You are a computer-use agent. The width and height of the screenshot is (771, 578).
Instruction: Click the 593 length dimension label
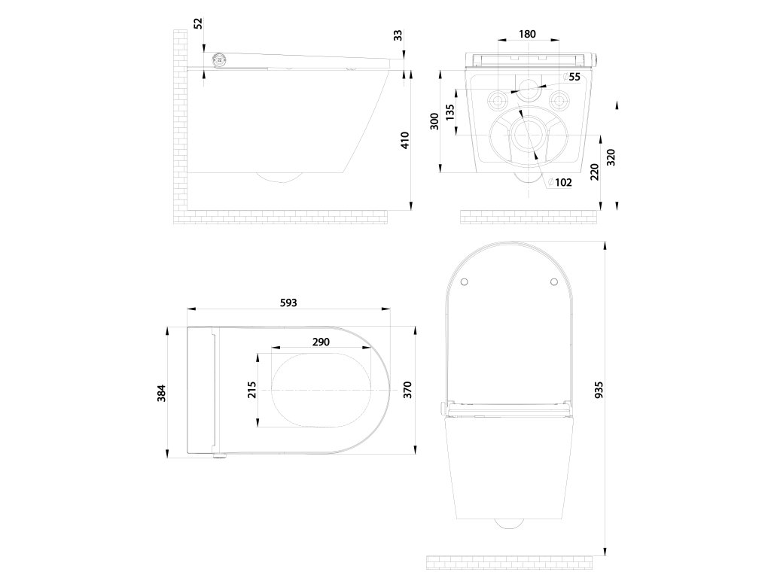tap(288, 303)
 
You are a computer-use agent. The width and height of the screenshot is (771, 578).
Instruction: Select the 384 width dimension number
tap(161, 392)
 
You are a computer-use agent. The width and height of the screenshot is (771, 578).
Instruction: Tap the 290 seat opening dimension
tap(321, 342)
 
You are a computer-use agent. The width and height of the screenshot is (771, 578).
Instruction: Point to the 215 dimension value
tap(252, 389)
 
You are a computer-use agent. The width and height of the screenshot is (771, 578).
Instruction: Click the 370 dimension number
tap(407, 390)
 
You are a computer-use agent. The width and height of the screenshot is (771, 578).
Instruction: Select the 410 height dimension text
tap(404, 140)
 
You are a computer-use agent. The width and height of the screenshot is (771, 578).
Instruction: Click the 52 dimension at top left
tap(198, 23)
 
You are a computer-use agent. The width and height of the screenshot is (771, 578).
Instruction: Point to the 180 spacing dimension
tap(527, 34)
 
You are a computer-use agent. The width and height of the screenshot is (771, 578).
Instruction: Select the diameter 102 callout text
tap(560, 182)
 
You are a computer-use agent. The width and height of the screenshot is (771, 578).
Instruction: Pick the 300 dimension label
tap(434, 121)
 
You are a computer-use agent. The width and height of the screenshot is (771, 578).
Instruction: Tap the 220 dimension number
tap(595, 173)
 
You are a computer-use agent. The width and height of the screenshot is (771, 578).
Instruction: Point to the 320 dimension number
tap(611, 157)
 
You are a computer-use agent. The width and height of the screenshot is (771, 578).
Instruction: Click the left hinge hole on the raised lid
tap(464, 282)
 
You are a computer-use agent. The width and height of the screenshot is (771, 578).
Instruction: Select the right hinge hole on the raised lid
tap(553, 282)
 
